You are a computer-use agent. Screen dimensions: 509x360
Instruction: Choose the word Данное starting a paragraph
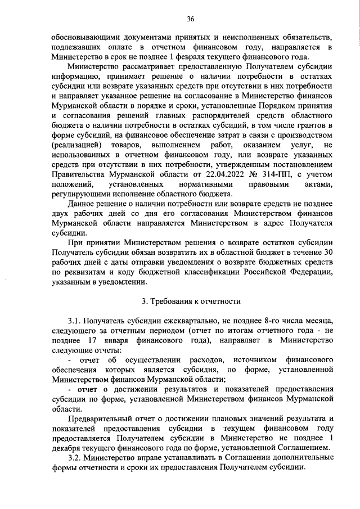tap(83, 202)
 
